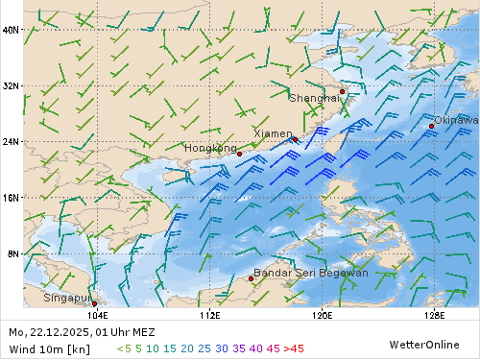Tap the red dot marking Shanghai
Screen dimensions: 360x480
click(342, 92)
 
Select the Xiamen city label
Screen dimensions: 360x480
click(273, 133)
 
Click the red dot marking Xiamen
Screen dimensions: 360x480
click(295, 140)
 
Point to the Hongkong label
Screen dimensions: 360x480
click(210, 148)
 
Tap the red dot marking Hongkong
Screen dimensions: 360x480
click(239, 154)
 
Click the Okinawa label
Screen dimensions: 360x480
click(456, 120)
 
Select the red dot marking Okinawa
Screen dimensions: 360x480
click(432, 126)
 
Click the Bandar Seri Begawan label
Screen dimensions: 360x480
click(310, 273)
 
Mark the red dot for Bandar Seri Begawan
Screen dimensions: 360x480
click(252, 278)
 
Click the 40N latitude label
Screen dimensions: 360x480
click(11, 30)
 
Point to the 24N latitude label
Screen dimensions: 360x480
click(11, 141)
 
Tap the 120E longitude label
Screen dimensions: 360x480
click(323, 314)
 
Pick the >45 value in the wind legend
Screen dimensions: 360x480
click(293, 348)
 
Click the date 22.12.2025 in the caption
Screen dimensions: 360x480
click(61, 331)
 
